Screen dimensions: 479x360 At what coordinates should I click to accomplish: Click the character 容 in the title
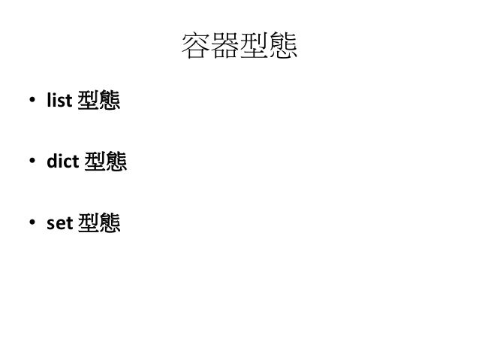pos(195,49)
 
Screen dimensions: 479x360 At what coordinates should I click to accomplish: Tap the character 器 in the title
pos(224,49)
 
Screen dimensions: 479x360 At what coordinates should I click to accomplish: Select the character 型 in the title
pos(254,49)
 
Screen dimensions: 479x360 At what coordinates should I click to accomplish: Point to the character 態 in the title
pos(283,49)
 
